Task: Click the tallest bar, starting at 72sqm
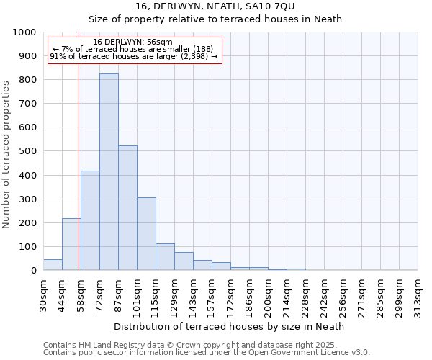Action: tap(109, 172)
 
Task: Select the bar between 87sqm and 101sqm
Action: tap(127, 208)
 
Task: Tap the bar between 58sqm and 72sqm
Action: tap(90, 220)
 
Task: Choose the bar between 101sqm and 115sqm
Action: tap(146, 234)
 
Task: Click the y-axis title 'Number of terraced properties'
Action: tap(6, 154)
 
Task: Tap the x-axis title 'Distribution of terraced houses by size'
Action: tap(229, 326)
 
